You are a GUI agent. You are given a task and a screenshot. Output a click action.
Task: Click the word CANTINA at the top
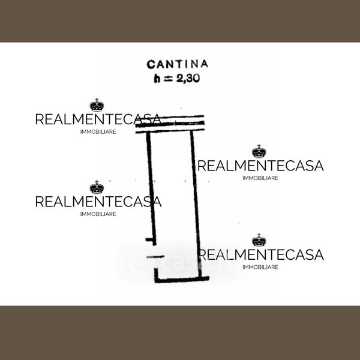(177, 64)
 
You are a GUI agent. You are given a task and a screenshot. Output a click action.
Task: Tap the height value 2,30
(188, 79)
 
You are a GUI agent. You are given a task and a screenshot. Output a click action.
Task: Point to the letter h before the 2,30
(157, 79)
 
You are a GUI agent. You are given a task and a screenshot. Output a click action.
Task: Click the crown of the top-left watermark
(97, 104)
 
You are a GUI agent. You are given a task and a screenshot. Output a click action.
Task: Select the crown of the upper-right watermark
(259, 151)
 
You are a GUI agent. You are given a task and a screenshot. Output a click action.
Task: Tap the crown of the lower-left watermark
(97, 187)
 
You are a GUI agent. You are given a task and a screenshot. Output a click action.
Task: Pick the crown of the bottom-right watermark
(259, 240)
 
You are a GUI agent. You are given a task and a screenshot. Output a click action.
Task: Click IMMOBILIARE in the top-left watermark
(98, 132)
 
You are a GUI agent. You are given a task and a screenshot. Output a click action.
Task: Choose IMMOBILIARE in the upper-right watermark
(260, 178)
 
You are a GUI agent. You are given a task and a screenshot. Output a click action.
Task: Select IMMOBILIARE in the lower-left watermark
(98, 214)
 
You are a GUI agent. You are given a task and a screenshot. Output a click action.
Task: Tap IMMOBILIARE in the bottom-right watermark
(260, 267)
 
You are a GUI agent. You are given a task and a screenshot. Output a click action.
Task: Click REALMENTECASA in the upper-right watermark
(260, 166)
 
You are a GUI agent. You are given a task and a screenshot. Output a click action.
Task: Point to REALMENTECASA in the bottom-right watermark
(260, 254)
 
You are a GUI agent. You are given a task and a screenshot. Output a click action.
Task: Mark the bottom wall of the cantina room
(182, 280)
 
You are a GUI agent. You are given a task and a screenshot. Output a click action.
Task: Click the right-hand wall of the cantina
(196, 204)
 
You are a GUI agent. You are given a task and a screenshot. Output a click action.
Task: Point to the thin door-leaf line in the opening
(155, 257)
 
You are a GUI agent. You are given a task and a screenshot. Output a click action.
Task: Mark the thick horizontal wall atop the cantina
(170, 124)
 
